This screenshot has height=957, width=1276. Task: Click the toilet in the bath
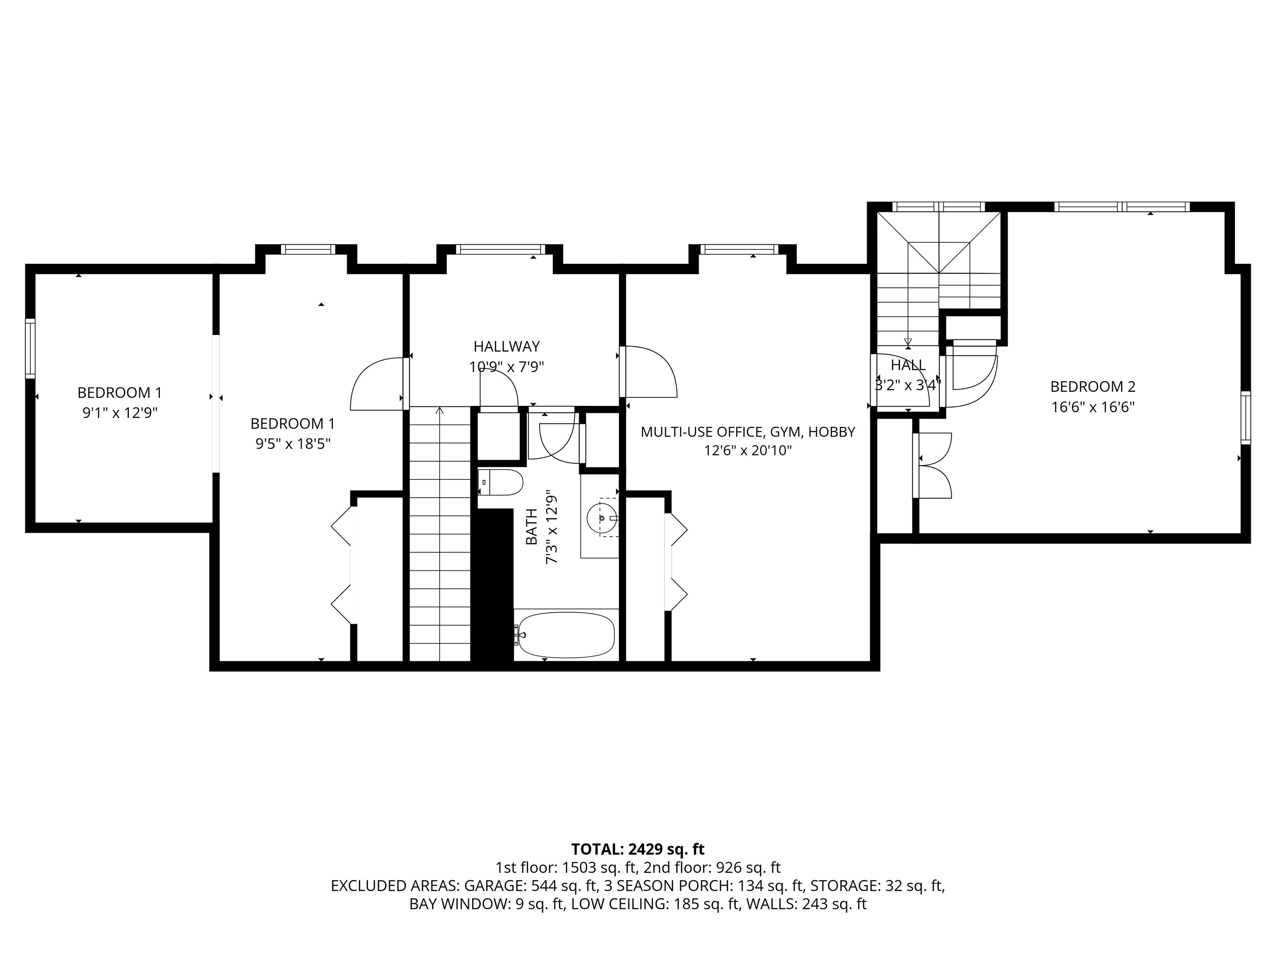pos(501,482)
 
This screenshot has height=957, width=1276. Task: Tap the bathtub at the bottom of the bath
pos(566,635)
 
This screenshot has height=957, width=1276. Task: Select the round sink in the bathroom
pos(602,518)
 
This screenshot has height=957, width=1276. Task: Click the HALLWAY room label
pos(506,347)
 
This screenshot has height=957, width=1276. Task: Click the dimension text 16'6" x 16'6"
pos(1092,407)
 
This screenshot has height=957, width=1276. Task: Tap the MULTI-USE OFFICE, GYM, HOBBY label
pos(748,432)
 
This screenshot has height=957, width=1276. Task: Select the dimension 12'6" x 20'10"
pos(748,451)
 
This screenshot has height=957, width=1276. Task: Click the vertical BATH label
pos(531,526)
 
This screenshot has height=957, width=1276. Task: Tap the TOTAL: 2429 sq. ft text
pos(638,849)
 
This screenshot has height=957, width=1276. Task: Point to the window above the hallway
pos(500,249)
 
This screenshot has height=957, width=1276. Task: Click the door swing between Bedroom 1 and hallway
pos(377,384)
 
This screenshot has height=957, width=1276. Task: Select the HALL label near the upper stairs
pos(908,365)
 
